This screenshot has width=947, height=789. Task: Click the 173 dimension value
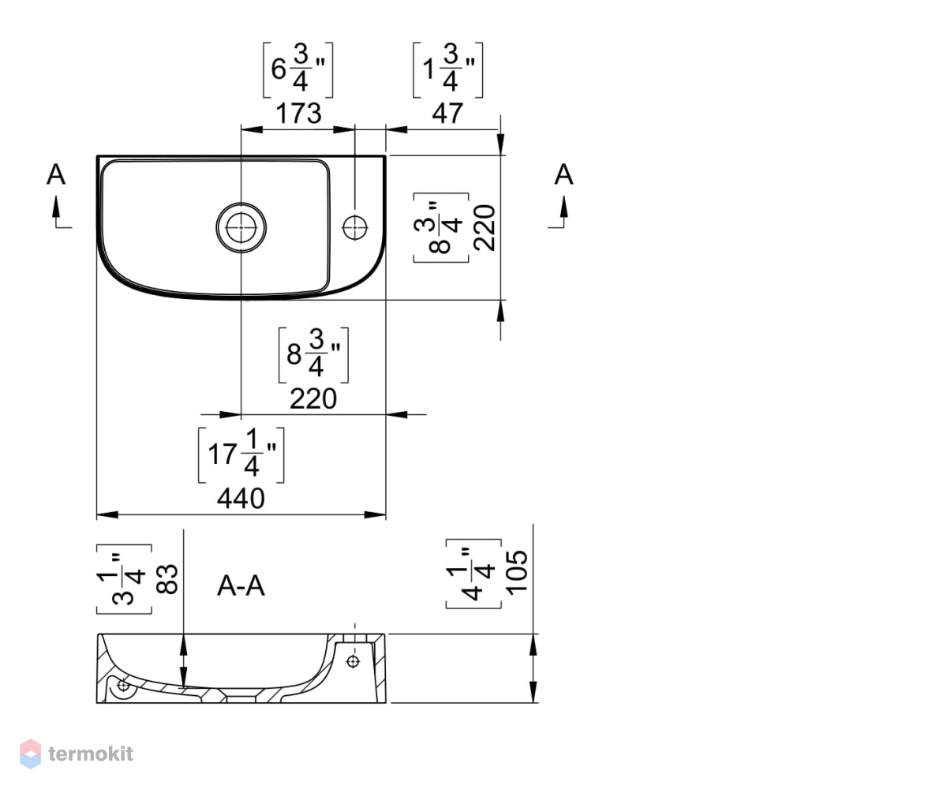pyautogui.click(x=299, y=114)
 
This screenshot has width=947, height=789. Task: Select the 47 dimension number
pyautogui.click(x=447, y=114)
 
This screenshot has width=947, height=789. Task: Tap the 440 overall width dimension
pyautogui.click(x=241, y=499)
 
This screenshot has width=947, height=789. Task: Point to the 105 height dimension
pyautogui.click(x=517, y=573)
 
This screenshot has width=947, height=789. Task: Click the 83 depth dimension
pyautogui.click(x=167, y=579)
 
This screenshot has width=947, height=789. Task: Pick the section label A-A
pyautogui.click(x=241, y=586)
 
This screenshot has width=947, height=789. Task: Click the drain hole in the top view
pyautogui.click(x=241, y=227)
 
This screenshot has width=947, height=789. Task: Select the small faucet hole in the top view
pyautogui.click(x=354, y=228)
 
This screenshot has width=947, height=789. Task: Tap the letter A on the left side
pyautogui.click(x=56, y=174)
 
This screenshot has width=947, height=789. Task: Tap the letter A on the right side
pyautogui.click(x=563, y=174)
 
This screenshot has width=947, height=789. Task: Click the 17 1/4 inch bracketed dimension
pyautogui.click(x=241, y=454)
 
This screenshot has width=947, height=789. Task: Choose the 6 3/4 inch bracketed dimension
pyautogui.click(x=298, y=70)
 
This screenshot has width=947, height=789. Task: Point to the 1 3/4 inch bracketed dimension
pyautogui.click(x=447, y=70)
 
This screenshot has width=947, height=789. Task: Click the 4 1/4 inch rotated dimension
pyautogui.click(x=474, y=574)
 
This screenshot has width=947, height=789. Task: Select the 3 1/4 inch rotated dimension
pyautogui.click(x=124, y=579)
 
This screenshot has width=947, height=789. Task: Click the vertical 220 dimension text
pyautogui.click(x=485, y=228)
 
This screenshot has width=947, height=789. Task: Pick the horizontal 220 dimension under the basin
pyautogui.click(x=313, y=399)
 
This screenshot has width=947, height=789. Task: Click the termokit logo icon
pyautogui.click(x=31, y=753)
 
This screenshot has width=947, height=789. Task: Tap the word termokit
pyautogui.click(x=91, y=754)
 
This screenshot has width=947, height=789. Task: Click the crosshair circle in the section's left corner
pyautogui.click(x=122, y=685)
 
